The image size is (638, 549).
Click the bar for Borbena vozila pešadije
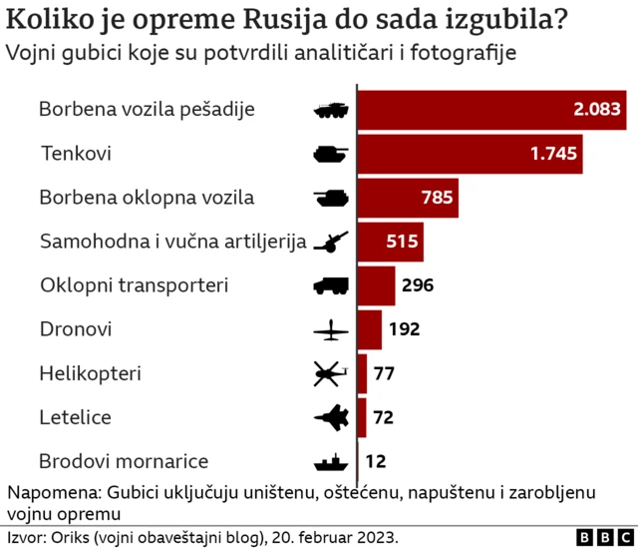(x=490, y=110)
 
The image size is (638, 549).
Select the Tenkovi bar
(x=470, y=154)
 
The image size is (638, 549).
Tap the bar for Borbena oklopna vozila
(x=408, y=198)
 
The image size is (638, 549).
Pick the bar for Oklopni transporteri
(x=376, y=285)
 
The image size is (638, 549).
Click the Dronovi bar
(x=370, y=329)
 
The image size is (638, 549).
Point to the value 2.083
(x=595, y=110)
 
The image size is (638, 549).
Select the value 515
(x=402, y=242)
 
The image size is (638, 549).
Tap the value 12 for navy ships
(x=376, y=461)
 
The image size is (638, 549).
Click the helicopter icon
(x=329, y=374)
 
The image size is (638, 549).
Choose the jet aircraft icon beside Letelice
(x=329, y=417)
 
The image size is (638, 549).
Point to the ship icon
(x=329, y=462)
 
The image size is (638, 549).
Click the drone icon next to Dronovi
(x=329, y=330)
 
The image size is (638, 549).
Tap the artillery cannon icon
(x=329, y=242)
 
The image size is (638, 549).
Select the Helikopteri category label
(x=90, y=373)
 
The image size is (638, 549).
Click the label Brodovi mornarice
(x=124, y=461)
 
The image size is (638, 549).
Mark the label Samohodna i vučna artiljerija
(x=172, y=242)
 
